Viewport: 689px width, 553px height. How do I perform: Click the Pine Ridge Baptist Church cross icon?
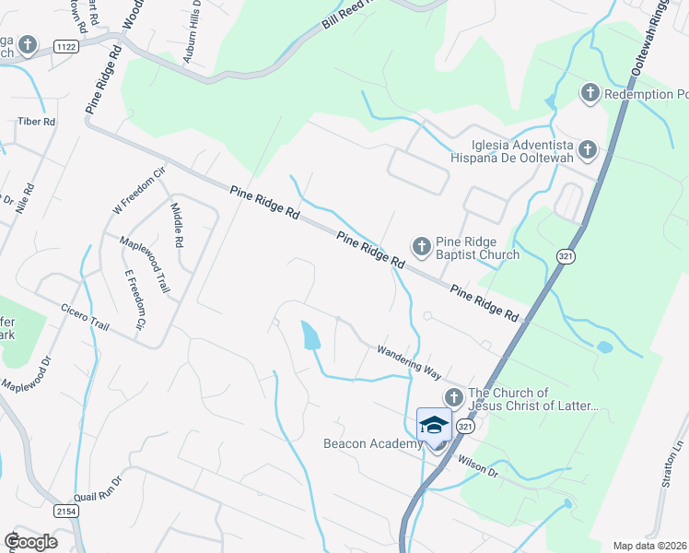(421, 246)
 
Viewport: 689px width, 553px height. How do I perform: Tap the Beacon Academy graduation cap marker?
(434, 425)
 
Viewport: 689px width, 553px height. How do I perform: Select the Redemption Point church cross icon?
(590, 93)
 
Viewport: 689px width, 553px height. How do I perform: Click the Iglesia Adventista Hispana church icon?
(586, 148)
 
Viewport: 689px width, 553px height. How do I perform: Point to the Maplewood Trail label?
(145, 264)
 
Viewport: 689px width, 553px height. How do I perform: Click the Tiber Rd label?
(37, 122)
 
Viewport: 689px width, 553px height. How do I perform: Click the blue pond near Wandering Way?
(311, 335)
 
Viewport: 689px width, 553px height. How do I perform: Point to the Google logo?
(30, 541)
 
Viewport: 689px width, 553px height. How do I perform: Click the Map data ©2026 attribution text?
(650, 546)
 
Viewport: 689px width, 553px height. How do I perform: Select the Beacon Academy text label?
(372, 443)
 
